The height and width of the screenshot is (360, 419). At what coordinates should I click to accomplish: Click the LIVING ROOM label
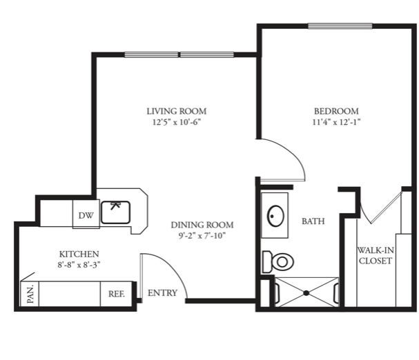(176, 111)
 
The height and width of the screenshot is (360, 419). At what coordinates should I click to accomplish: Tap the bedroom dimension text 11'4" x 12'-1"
(336, 122)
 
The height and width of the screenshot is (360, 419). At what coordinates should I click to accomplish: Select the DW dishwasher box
(86, 214)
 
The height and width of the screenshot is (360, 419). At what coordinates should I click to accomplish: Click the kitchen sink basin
(115, 212)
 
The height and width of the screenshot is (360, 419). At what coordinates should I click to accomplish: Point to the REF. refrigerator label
(117, 294)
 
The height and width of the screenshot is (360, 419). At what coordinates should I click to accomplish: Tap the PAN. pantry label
(31, 294)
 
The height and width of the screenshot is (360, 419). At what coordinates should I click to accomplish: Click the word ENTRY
(162, 293)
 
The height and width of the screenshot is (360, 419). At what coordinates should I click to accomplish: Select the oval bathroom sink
(275, 216)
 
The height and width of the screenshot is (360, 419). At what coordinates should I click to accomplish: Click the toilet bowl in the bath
(282, 262)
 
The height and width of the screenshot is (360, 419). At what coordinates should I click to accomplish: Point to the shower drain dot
(306, 293)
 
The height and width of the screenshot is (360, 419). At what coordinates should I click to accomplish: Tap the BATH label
(313, 221)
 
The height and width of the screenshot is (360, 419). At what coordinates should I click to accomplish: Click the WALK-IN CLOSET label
(376, 256)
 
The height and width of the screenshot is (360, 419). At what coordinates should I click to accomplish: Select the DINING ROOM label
(202, 225)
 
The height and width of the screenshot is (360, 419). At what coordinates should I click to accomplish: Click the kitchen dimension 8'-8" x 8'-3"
(79, 265)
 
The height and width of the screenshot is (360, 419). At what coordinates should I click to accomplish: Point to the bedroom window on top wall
(340, 26)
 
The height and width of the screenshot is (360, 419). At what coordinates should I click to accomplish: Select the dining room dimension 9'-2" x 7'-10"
(202, 236)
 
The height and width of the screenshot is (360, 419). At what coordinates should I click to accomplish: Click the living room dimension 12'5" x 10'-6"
(176, 122)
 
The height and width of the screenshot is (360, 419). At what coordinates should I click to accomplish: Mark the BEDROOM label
(336, 111)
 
